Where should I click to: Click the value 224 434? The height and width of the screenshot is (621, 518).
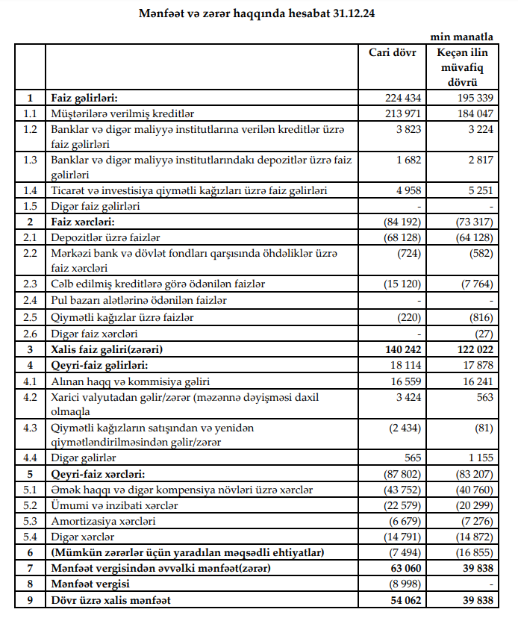click(401, 98)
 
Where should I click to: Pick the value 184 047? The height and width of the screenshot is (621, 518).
click(472, 113)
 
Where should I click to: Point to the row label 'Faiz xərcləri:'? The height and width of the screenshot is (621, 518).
click(84, 222)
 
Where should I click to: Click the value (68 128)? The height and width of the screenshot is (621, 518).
click(400, 237)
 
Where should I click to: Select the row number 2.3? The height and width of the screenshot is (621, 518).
click(29, 284)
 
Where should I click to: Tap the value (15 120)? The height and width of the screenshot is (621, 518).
click(400, 284)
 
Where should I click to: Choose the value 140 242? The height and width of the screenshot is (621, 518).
click(401, 349)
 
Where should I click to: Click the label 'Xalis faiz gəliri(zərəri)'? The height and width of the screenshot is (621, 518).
click(107, 349)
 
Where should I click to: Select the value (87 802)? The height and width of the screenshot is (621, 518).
click(400, 474)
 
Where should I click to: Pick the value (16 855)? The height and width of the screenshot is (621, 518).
click(471, 552)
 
